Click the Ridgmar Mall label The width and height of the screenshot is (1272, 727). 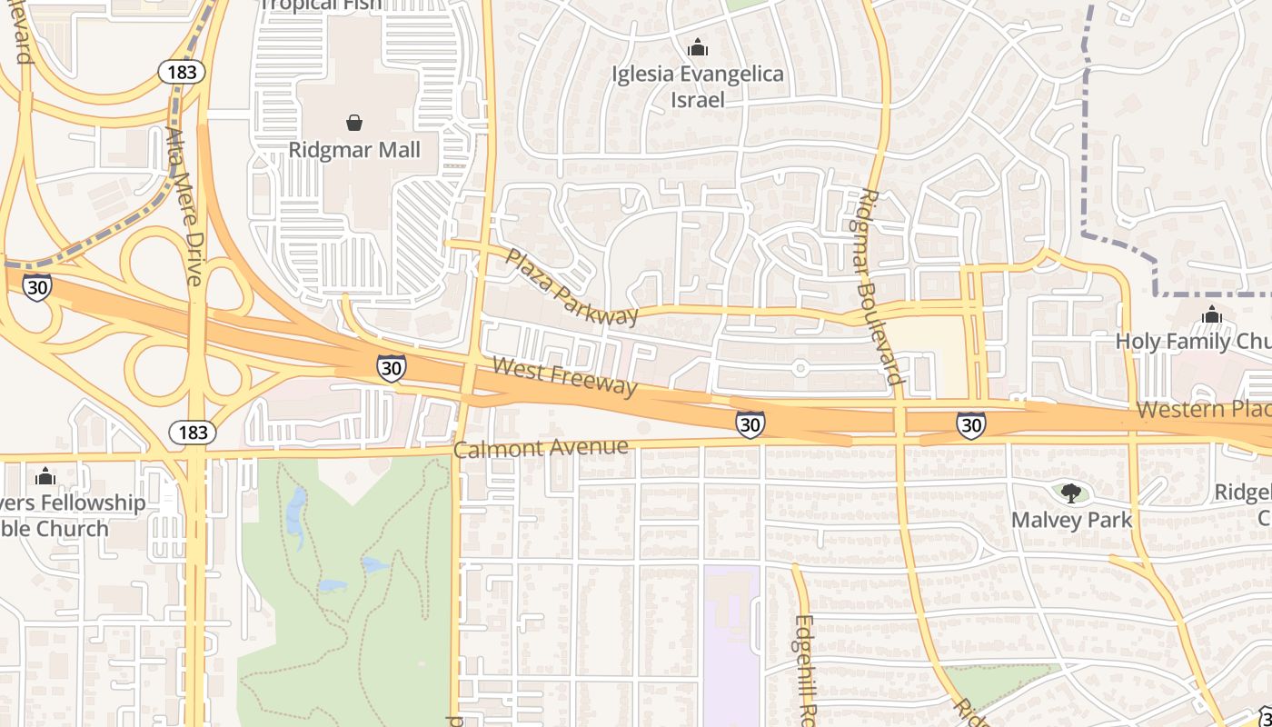point(354,150)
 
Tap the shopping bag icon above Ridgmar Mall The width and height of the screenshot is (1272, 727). point(354,122)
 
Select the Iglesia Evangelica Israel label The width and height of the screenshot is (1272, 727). point(698,86)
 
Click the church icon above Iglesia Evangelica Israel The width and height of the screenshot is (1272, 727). point(698,46)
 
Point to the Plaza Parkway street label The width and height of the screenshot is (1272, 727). point(572,287)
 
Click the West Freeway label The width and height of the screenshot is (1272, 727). point(564,376)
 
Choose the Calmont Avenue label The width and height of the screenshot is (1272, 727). point(541,448)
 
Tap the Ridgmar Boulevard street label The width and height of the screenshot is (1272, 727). point(879,286)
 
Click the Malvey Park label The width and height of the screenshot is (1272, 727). point(1072,520)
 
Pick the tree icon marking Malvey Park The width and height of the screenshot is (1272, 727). point(1072,493)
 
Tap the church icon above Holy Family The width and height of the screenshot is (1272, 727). point(1211,315)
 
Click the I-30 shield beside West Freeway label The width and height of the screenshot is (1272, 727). point(391,368)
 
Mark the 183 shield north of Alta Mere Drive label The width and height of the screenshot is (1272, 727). point(181,73)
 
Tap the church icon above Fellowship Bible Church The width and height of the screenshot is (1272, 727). point(45,476)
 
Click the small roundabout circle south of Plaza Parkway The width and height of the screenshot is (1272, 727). point(800,368)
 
